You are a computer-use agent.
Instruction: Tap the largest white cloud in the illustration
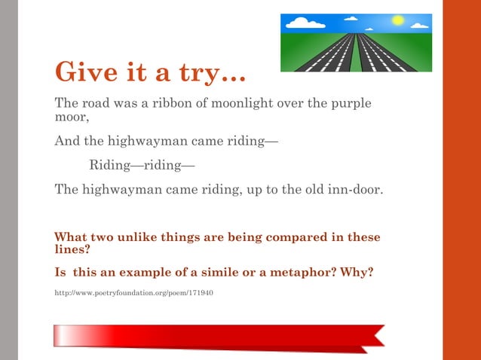coord(305,23)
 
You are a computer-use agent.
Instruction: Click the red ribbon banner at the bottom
coord(219,336)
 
